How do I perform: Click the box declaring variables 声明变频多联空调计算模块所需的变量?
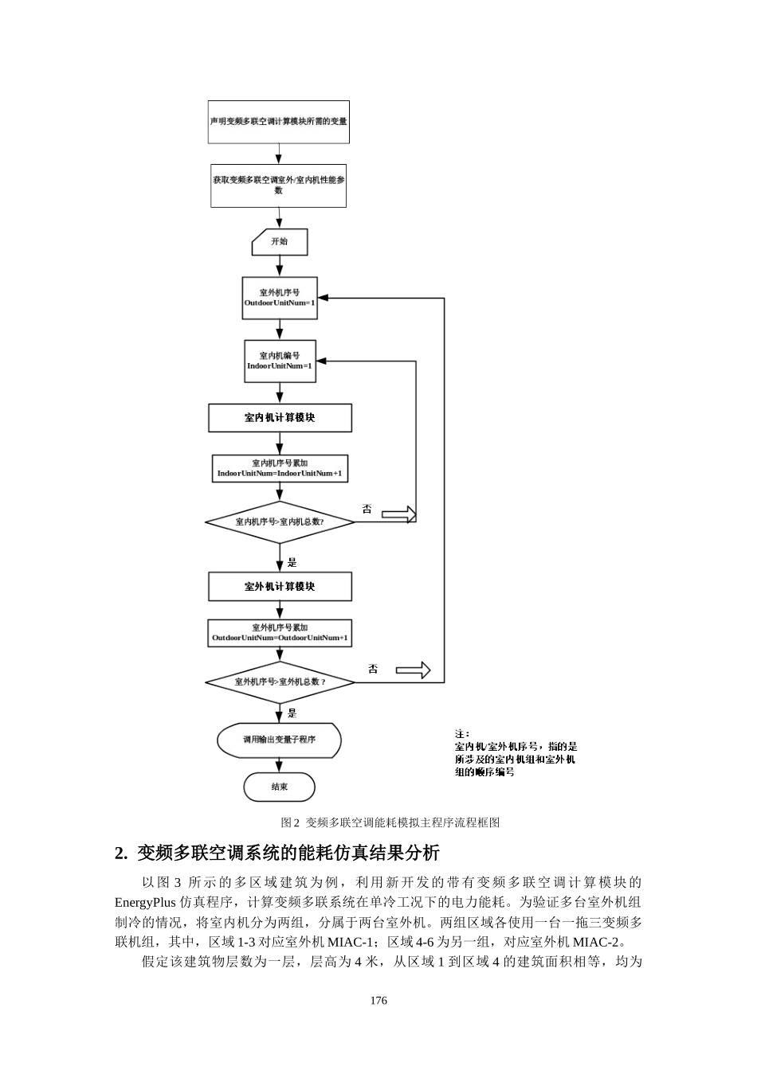click(278, 122)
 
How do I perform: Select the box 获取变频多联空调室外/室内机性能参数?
click(278, 185)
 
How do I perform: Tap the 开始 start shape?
click(280, 242)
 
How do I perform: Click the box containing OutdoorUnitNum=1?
click(279, 298)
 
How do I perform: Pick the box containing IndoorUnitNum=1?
click(279, 361)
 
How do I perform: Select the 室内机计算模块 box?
click(280, 418)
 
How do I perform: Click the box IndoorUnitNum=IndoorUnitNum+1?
click(280, 469)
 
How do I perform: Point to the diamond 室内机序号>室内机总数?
click(280, 522)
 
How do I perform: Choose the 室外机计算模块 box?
click(280, 587)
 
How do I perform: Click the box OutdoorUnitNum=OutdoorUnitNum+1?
click(280, 633)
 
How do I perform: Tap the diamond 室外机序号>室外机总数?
click(280, 682)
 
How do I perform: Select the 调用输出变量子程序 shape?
click(279, 740)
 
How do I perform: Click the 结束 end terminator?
click(279, 787)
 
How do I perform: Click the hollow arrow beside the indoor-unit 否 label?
click(399, 514)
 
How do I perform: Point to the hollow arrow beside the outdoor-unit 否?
click(413, 670)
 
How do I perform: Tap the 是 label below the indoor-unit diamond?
click(292, 563)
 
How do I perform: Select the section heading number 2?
click(121, 853)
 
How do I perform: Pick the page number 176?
click(378, 1000)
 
